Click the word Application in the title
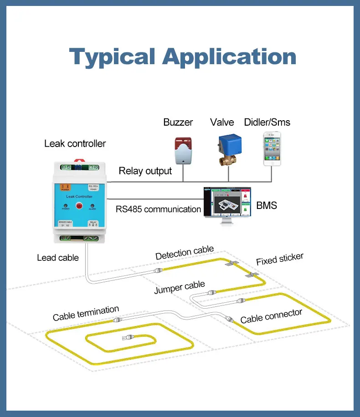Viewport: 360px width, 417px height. pyautogui.click(x=229, y=57)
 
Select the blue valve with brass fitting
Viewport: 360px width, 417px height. pyautogui.click(x=226, y=148)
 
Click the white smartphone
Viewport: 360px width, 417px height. pyautogui.click(x=272, y=148)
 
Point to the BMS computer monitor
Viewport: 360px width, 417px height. pyautogui.click(x=228, y=203)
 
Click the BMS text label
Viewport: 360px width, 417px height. pyautogui.click(x=267, y=206)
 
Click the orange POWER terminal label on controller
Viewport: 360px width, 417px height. pyautogui.click(x=66, y=188)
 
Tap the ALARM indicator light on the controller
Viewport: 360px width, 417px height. pyautogui.click(x=92, y=206)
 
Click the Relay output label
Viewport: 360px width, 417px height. pyautogui.click(x=145, y=171)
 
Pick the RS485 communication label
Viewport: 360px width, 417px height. pyautogui.click(x=158, y=209)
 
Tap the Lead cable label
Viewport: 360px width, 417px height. pyautogui.click(x=58, y=258)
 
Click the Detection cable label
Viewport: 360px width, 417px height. pyautogui.click(x=184, y=253)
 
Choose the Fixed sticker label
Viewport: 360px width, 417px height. pyautogui.click(x=279, y=259)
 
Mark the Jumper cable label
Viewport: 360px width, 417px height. pyautogui.click(x=179, y=287)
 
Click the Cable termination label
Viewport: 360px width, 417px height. pyautogui.click(x=86, y=314)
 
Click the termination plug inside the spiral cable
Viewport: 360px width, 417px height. pyautogui.click(x=127, y=338)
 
